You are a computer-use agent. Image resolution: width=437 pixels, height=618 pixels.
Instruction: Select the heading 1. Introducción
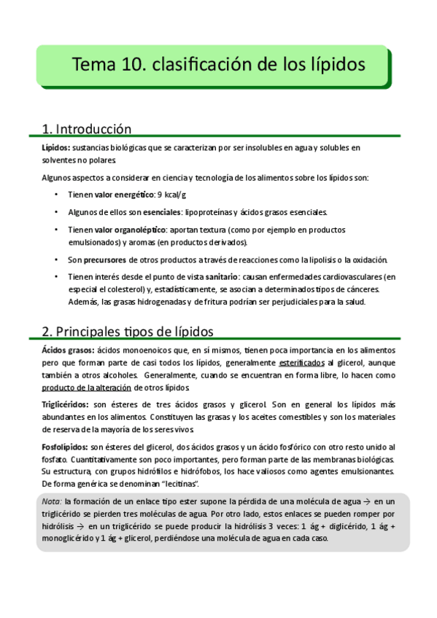(87, 129)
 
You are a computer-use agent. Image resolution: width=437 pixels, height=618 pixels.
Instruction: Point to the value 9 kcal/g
(168, 195)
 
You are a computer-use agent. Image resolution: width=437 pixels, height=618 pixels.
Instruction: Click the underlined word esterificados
(302, 362)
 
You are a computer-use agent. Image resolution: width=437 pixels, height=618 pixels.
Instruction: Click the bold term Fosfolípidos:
(64, 446)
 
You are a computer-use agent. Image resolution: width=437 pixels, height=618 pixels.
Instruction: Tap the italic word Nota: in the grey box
(52, 501)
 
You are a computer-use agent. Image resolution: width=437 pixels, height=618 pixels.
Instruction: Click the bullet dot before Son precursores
(57, 260)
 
